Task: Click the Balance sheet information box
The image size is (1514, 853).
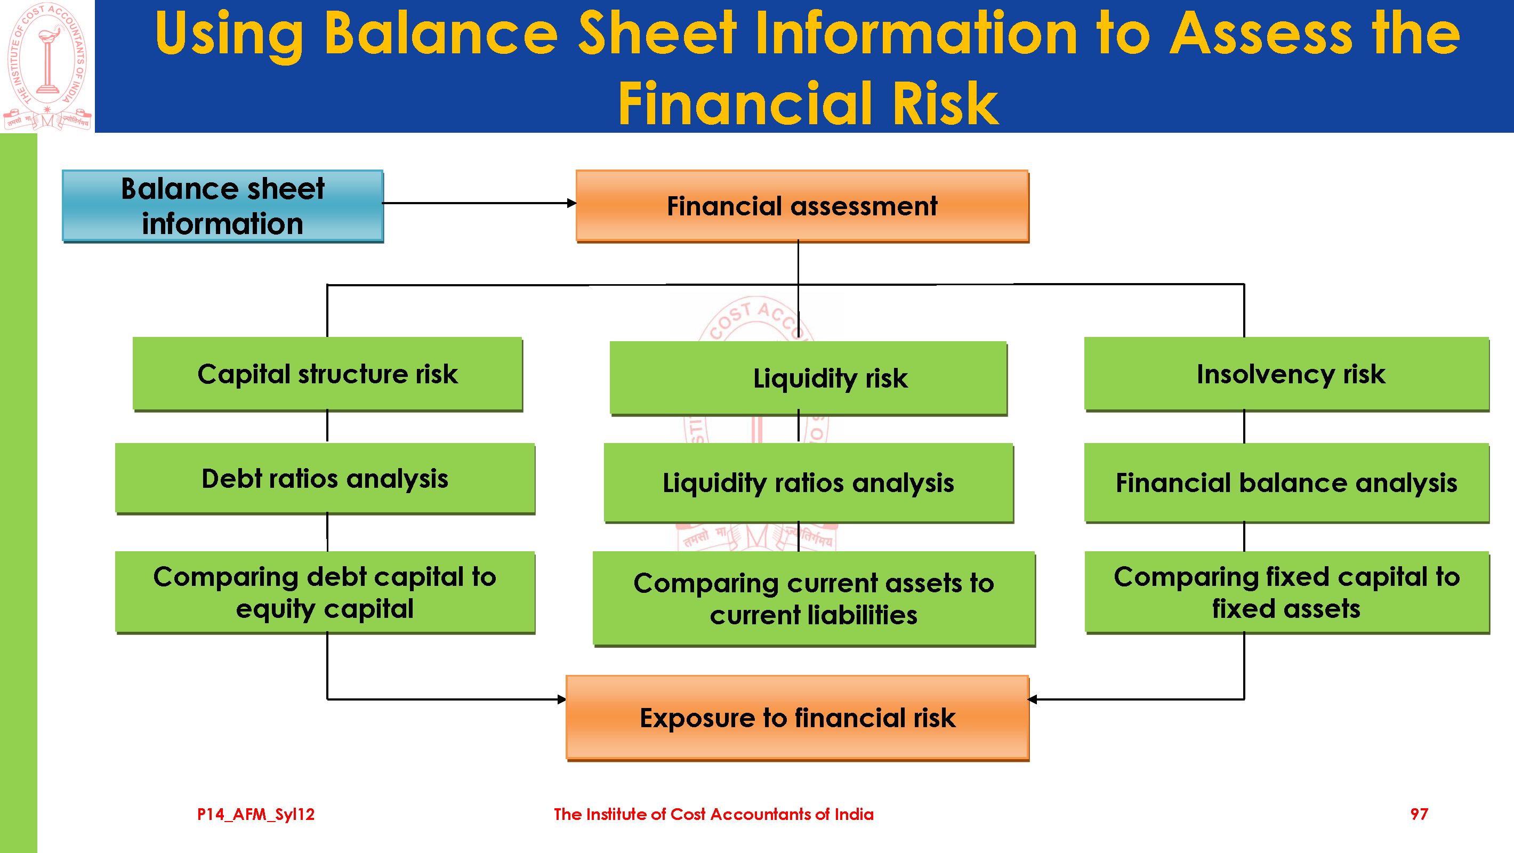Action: pos(223,206)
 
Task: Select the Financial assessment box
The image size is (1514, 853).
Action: pos(802,206)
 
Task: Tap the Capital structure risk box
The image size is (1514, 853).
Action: pos(327,374)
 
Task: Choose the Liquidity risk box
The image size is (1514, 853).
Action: pos(808,378)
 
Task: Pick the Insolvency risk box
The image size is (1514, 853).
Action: pos(1286,374)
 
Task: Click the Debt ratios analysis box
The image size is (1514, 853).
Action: pos(325,479)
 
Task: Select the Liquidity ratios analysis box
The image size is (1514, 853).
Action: pos(808,482)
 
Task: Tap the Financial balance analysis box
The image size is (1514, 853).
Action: pos(1286,482)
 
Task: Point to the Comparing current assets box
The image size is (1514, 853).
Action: pos(814,599)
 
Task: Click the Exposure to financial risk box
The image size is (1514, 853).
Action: pos(797,718)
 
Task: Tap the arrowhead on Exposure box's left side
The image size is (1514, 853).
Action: pos(561,699)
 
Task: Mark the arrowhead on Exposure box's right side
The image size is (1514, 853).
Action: pos(1033,699)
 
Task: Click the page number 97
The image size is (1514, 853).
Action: pos(1419,814)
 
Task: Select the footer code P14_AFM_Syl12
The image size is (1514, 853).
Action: pos(256,814)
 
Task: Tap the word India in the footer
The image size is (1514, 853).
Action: pos(853,814)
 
